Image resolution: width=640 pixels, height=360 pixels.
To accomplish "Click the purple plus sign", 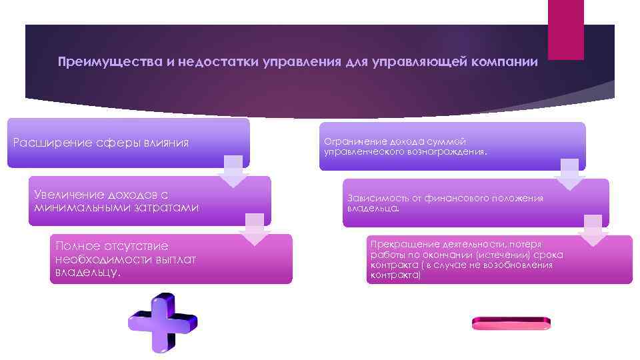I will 163,323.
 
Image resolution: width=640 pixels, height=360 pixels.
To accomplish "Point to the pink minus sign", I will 511,323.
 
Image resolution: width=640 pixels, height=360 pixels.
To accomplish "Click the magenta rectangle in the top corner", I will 565,29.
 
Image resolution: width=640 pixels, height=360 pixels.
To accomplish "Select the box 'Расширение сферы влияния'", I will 128,143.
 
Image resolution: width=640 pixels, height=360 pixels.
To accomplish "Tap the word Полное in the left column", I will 77,246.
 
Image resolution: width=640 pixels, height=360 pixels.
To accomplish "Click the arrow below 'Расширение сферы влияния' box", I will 233,172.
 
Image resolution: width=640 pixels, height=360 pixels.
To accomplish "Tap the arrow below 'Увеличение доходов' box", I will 256,229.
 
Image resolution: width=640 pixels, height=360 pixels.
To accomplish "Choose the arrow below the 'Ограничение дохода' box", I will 569,175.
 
